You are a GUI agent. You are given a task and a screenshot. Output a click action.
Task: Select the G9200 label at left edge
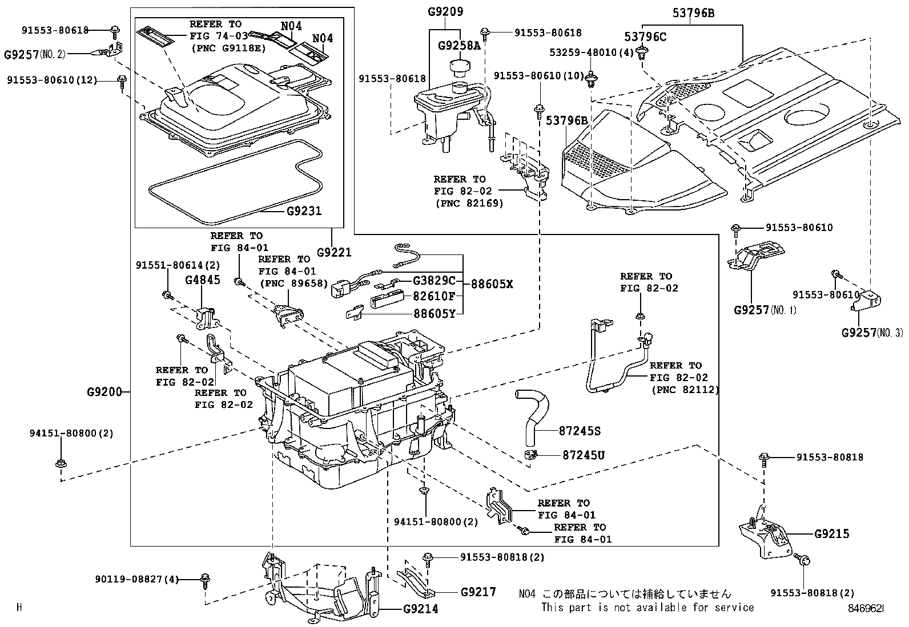point(104,392)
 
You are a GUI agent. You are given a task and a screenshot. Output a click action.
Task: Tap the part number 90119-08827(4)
point(136,580)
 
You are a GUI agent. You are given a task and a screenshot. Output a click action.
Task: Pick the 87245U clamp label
point(583,455)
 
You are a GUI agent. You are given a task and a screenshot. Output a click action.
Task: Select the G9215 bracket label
point(831,534)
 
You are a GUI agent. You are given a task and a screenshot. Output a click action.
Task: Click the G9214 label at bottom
point(420,609)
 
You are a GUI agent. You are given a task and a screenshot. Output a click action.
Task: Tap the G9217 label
point(478,592)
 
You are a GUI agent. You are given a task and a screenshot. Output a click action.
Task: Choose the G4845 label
point(202,280)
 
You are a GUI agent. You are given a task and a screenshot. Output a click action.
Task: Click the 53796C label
point(645,37)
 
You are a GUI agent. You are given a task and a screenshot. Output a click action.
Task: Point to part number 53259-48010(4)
point(592,52)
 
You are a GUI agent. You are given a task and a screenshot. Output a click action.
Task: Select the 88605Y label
point(435,313)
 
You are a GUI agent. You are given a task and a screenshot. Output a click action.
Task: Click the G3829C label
point(435,281)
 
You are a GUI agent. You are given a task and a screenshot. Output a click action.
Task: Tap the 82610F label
point(435,296)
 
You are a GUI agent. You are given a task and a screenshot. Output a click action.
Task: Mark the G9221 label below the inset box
point(334,252)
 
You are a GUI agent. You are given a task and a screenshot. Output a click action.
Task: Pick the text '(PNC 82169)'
point(468,203)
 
